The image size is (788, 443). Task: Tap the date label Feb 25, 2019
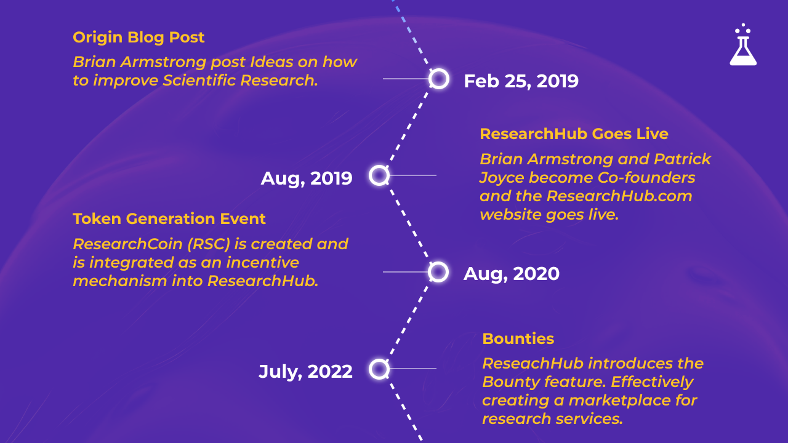(521, 81)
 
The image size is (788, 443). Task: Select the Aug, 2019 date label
(307, 178)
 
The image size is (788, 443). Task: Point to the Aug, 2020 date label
(512, 274)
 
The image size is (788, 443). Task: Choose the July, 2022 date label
(305, 372)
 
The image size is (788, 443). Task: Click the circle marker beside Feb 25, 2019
(438, 79)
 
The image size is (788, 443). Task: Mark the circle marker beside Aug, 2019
(379, 175)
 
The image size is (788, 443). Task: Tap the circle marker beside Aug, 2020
(438, 271)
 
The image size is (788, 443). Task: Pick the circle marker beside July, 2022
(379, 369)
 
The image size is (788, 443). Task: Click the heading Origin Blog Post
(139, 37)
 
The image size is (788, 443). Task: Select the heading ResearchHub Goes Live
(574, 134)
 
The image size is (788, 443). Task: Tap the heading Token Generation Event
(169, 218)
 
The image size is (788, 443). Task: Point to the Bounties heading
(518, 338)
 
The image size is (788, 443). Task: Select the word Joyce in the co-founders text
(502, 178)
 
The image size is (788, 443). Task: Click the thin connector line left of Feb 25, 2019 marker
(405, 79)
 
